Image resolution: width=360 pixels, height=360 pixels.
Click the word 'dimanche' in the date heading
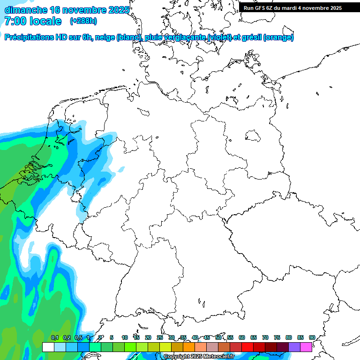click(x=25, y=10)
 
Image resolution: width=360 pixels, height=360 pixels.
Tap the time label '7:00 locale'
click(x=33, y=21)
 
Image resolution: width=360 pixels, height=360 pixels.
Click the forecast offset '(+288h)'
click(x=83, y=21)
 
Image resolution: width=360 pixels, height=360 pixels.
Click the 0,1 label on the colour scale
click(x=55, y=338)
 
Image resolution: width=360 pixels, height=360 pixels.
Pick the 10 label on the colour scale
click(x=125, y=338)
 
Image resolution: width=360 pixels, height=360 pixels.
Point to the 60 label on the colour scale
click(x=242, y=338)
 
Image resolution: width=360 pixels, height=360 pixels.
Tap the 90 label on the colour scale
click(x=312, y=338)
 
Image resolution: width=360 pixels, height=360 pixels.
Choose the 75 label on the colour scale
click(x=277, y=338)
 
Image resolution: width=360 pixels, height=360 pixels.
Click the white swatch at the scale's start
click(x=48, y=347)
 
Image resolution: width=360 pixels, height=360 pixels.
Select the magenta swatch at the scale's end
click(x=306, y=347)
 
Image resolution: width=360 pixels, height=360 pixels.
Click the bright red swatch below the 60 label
click(x=247, y=347)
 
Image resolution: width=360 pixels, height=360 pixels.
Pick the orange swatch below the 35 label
click(x=189, y=347)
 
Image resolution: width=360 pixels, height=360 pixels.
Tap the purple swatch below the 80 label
click(x=294, y=347)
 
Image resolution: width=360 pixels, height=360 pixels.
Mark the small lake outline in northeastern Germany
click(x=253, y=136)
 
